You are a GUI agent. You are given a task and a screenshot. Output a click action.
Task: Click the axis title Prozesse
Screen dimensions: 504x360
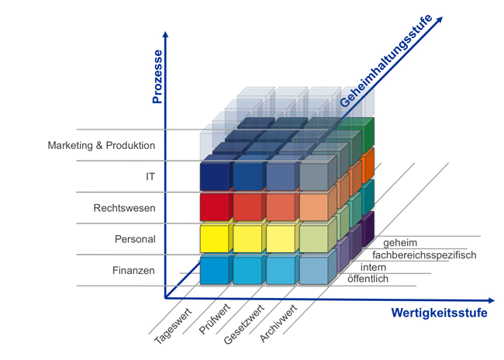157,77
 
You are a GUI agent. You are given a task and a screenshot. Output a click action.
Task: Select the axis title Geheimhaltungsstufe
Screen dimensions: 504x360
386,61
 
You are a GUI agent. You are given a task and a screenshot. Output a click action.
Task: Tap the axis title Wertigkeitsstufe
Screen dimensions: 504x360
439,313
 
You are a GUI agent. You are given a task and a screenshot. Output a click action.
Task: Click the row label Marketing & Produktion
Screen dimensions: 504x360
102,145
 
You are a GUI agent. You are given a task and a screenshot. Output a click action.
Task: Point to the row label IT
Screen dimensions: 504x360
150,177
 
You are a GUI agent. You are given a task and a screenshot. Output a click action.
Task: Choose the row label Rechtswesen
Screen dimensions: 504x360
124,208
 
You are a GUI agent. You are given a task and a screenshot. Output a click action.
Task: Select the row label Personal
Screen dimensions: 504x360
135,239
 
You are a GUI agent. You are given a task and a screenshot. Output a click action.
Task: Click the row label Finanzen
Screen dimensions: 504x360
133,270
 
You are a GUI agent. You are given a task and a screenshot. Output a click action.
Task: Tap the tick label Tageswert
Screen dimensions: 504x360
173,326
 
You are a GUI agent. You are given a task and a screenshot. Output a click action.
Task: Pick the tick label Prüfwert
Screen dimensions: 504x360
215,319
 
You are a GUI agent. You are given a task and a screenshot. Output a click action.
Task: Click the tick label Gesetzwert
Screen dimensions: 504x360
244,324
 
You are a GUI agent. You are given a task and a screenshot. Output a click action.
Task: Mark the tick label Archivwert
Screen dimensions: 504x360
278,324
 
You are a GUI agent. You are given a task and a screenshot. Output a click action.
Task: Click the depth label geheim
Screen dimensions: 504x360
400,243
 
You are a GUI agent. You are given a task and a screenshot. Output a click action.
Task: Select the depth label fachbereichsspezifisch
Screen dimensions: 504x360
424,255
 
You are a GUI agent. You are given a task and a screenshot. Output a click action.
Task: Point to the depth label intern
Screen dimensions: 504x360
373,267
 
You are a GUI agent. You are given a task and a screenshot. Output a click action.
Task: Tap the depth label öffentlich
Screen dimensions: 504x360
368,279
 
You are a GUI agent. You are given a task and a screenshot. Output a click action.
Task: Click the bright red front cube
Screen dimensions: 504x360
214,207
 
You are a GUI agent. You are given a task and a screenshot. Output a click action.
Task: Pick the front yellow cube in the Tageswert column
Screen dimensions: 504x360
214,238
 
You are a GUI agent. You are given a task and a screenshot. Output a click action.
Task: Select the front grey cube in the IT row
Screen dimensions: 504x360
314,176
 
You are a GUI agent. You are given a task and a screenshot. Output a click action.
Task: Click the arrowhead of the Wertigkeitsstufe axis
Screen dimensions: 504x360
492,301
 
